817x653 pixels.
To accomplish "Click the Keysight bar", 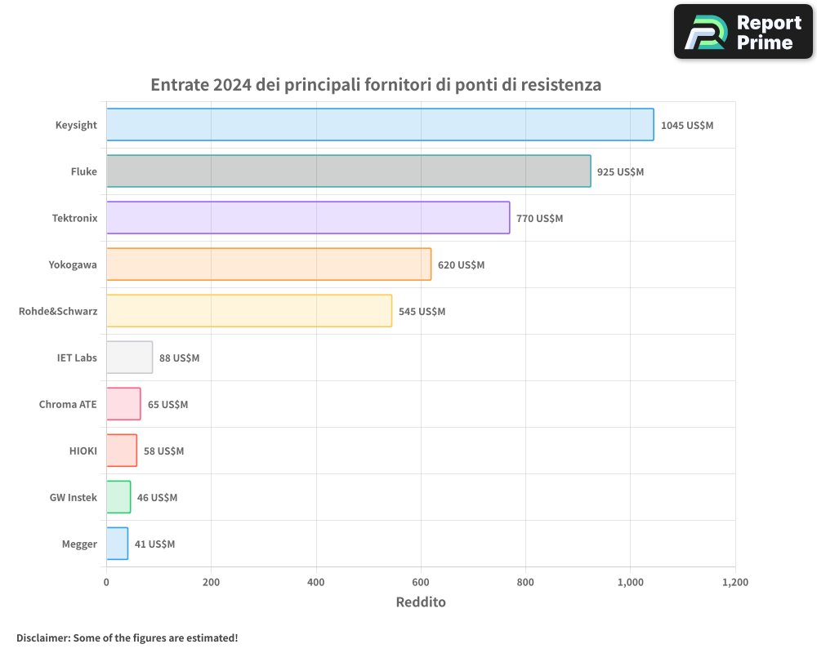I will [380, 125].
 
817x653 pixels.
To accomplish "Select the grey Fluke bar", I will [348, 171].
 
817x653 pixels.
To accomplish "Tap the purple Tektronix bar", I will [308, 218].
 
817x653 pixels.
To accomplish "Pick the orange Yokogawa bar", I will [269, 264].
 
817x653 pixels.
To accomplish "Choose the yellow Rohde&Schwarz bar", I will [249, 311].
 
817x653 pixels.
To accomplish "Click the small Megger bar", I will [117, 544].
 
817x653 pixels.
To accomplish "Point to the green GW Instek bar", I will [118, 497].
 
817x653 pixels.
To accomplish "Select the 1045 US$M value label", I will [686, 126].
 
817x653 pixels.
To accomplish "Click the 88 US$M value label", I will [179, 358].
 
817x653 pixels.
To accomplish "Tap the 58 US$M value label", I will [163, 451].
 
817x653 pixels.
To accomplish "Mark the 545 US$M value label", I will [422, 312].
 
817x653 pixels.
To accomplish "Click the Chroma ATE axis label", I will [68, 405].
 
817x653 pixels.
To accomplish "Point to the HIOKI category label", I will [83, 451].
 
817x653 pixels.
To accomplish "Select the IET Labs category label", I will [77, 358].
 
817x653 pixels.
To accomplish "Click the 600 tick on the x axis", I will [421, 583].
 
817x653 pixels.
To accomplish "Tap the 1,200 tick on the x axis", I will [734, 583].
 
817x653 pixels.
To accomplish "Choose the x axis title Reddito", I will [421, 602].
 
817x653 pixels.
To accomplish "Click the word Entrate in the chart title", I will [179, 85].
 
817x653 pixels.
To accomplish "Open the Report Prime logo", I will [743, 32].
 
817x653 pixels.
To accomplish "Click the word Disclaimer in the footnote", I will [42, 638].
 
